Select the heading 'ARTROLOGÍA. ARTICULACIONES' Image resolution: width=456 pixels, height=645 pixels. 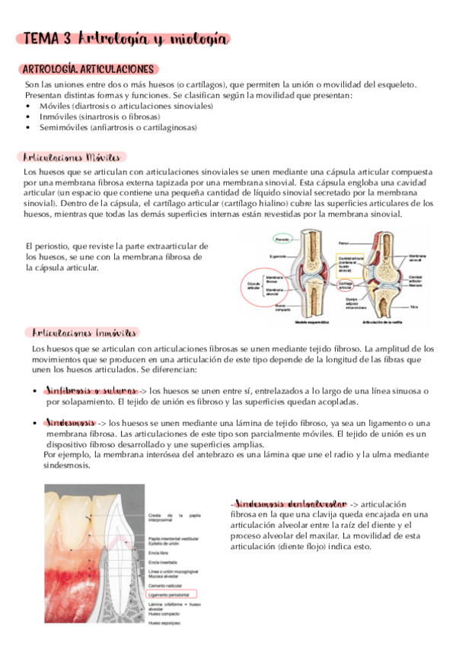90,69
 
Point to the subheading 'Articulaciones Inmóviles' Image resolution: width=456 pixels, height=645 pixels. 85,333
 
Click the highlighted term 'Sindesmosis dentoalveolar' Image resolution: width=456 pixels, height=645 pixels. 289,504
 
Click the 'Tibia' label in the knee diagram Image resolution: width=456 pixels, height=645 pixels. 413,307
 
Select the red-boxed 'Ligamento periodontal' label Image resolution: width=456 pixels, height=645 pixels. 171,593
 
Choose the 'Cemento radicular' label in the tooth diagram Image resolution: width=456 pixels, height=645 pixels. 168,585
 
